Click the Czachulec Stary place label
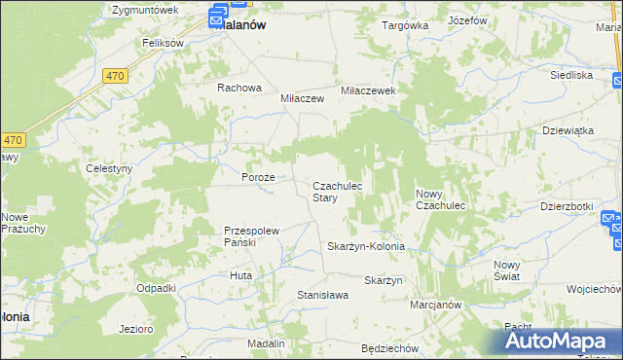[338, 192]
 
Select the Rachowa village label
[239, 88]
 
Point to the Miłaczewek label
[367, 90]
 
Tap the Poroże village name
[259, 178]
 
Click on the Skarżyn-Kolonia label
[366, 247]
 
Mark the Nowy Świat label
[506, 270]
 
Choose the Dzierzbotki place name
[567, 206]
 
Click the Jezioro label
[136, 329]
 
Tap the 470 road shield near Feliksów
[115, 75]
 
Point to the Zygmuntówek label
[145, 10]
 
